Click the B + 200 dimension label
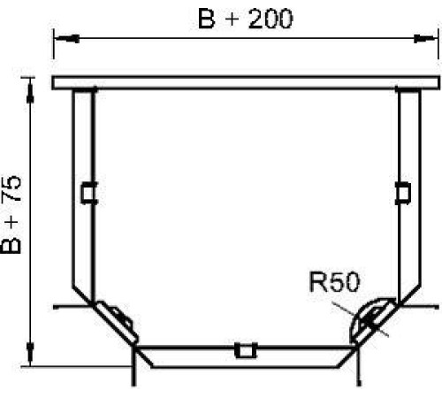[246, 19]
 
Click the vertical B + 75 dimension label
[11, 215]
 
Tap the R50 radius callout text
[335, 282]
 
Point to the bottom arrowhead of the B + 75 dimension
[30, 354]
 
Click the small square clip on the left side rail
[89, 193]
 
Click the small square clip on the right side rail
[402, 193]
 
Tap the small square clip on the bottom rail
[246, 350]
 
